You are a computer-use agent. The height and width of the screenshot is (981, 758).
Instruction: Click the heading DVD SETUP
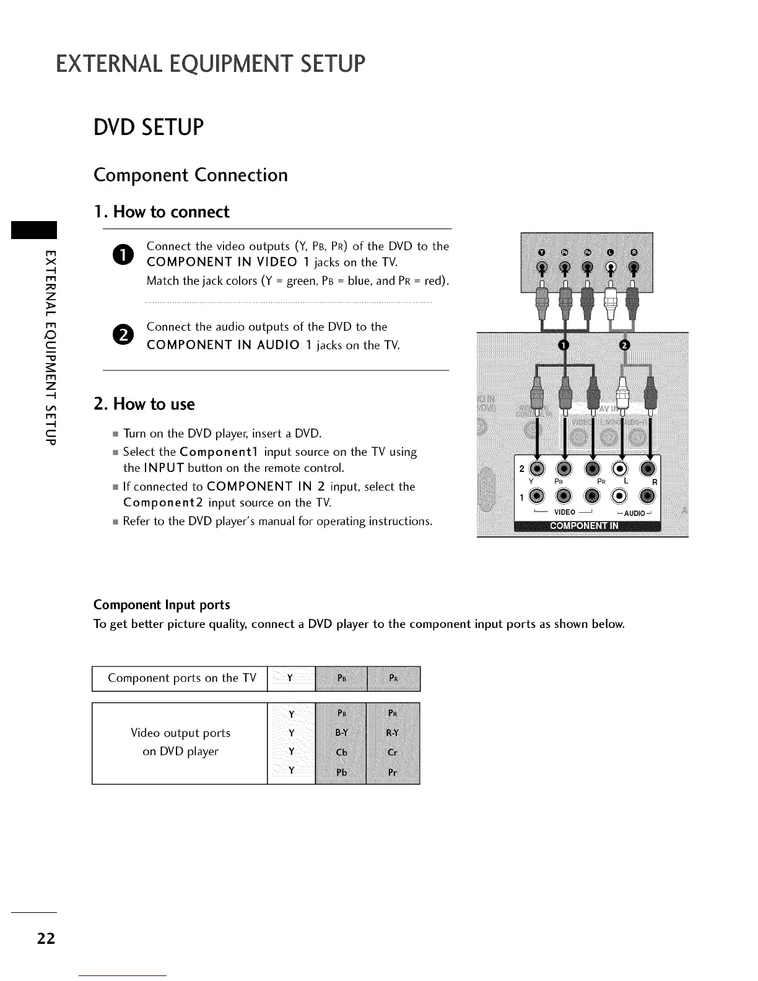coord(148,127)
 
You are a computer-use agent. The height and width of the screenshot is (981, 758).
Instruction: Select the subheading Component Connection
coord(191,175)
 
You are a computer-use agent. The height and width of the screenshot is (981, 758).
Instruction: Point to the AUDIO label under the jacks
coord(635,513)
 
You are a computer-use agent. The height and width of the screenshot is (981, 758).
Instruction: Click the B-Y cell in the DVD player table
coord(341,733)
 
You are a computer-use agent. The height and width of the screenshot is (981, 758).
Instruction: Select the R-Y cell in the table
coord(393,733)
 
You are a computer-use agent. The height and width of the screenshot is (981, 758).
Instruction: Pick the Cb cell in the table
coord(341,752)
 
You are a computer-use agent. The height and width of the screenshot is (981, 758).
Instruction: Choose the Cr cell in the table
coord(393,752)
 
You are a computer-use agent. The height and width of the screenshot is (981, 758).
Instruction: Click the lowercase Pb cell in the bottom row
coord(341,772)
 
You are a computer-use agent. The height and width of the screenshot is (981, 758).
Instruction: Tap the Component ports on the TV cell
coord(181,678)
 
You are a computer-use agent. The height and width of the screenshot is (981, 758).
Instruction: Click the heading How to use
coord(144,404)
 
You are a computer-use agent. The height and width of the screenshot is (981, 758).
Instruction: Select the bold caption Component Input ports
coord(162,604)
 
